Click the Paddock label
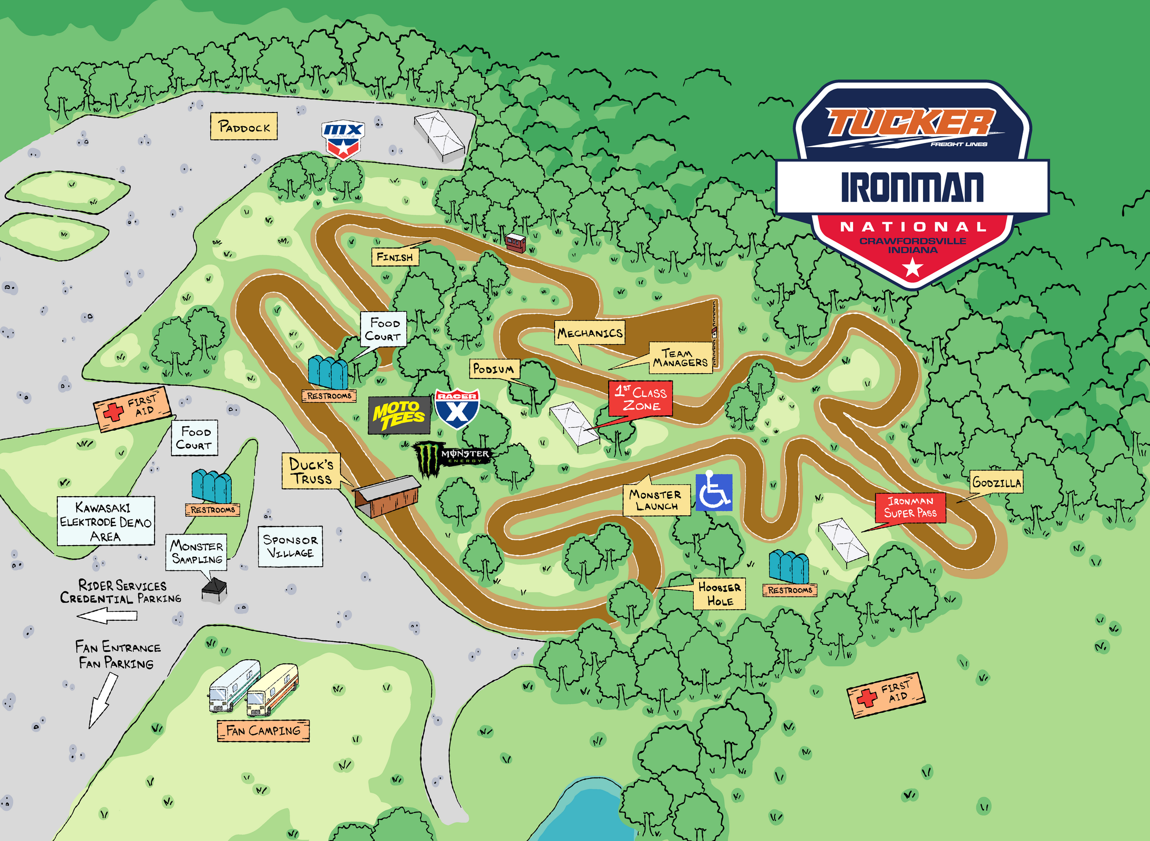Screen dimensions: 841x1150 244,126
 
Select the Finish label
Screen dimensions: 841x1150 395,257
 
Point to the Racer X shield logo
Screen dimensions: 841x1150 457,409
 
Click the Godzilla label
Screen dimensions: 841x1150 996,482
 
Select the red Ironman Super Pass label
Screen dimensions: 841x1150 910,507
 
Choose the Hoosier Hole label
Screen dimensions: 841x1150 719,594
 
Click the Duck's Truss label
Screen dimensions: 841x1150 311,471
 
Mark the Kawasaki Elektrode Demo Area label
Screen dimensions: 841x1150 106,521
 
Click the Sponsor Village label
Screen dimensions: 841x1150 290,546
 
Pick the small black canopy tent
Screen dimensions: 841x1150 214,589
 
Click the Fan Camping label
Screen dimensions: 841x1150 263,731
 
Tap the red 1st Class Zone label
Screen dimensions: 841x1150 641,399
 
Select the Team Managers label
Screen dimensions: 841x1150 681,358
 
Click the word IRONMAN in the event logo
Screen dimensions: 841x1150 912,188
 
